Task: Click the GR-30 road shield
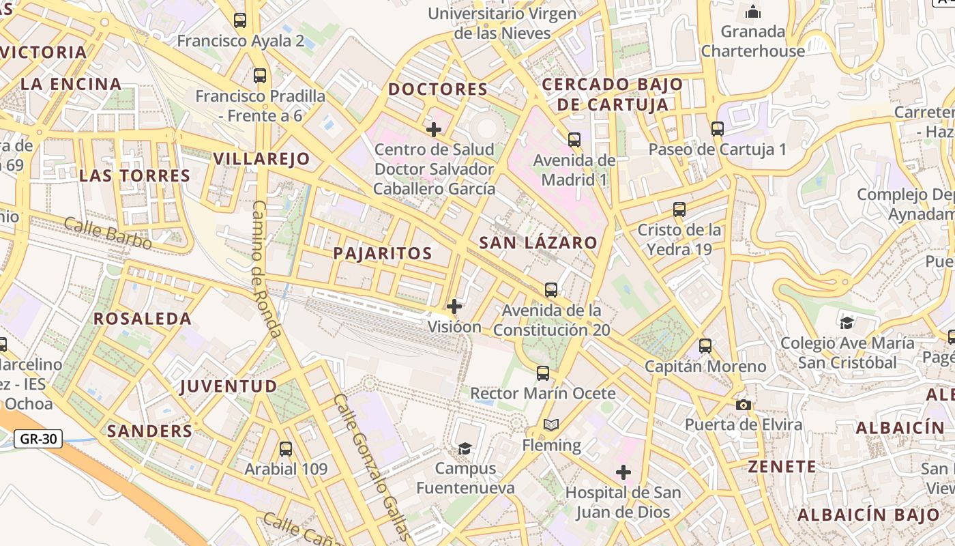tap(38, 439)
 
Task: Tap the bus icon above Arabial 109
tap(286, 449)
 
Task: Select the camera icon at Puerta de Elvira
tap(744, 405)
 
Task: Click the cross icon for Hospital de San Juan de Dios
tap(623, 472)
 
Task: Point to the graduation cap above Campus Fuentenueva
tap(465, 448)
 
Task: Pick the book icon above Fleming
tap(551, 425)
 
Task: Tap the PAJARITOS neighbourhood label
tap(383, 253)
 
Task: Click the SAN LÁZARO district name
tap(538, 243)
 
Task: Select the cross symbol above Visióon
tap(454, 306)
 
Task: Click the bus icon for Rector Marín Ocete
tap(543, 373)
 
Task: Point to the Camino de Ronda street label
tap(266, 269)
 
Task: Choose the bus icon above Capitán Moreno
tap(705, 346)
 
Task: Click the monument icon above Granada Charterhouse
tap(753, 12)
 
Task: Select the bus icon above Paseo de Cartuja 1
tap(717, 129)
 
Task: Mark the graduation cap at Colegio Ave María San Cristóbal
tap(847, 323)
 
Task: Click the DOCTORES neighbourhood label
tap(438, 89)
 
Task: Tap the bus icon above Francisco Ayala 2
tap(240, 20)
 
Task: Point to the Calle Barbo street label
tap(108, 233)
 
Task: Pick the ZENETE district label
tap(782, 467)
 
